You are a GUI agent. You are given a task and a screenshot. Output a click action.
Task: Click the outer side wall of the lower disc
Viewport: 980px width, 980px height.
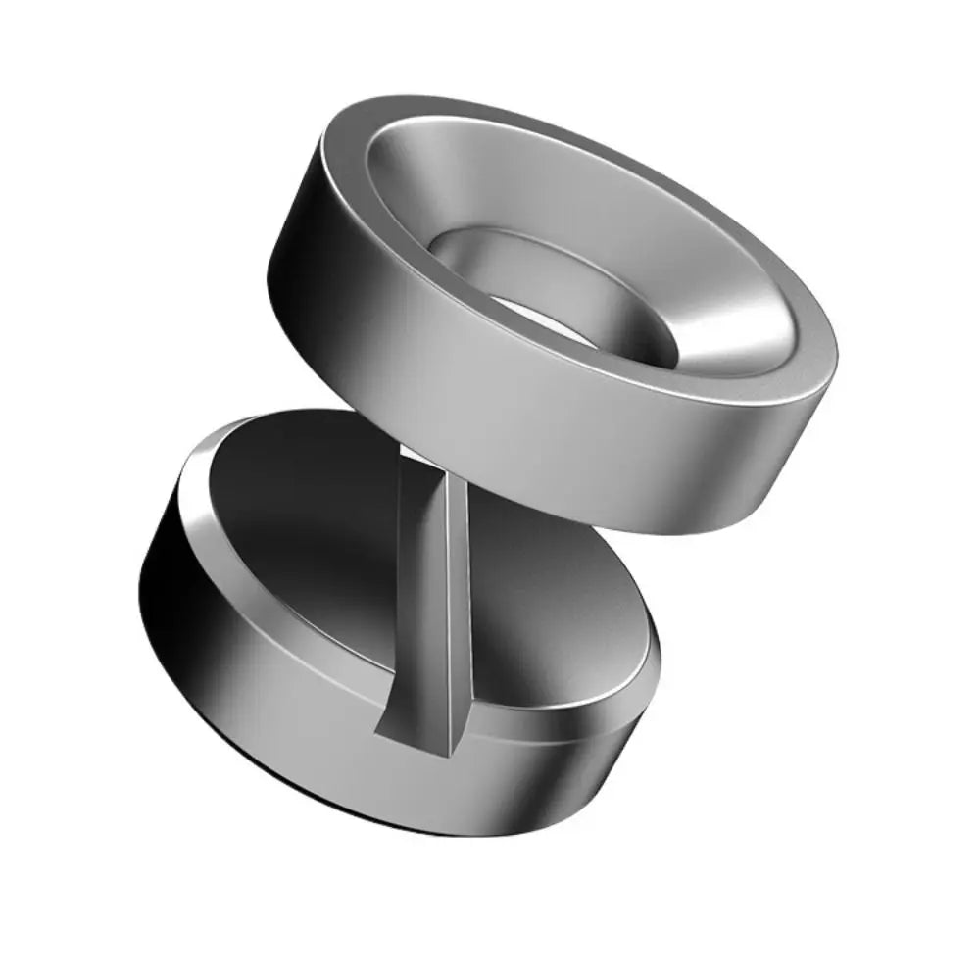click(392, 774)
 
